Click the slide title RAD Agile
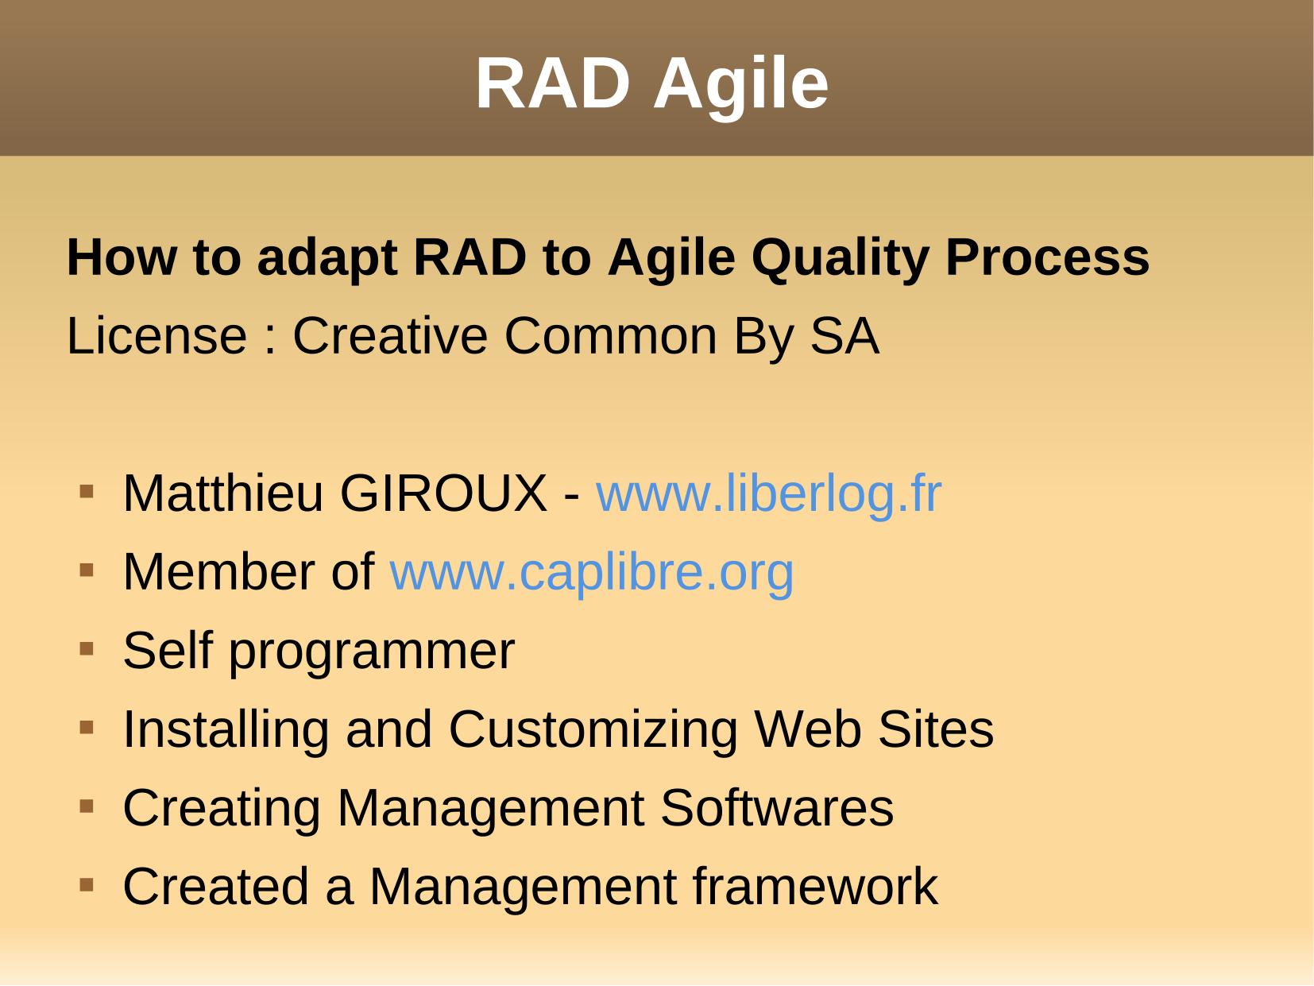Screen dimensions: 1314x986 (x=651, y=83)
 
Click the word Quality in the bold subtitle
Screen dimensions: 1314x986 (x=839, y=259)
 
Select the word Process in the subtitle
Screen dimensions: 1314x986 (x=1047, y=257)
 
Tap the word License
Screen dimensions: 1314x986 (x=157, y=336)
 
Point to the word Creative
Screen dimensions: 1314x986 (x=390, y=336)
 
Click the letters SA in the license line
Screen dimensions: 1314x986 (x=844, y=336)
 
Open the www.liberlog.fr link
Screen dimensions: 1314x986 (x=769, y=494)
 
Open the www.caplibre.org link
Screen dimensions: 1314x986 (x=591, y=572)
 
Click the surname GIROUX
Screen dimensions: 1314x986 (x=443, y=494)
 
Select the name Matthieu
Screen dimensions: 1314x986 (x=222, y=494)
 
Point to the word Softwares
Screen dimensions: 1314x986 (x=777, y=808)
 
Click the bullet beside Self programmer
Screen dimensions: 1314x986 (x=87, y=649)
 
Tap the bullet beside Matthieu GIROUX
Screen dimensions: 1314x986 (x=87, y=492)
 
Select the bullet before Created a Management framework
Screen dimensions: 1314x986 (x=87, y=884)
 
